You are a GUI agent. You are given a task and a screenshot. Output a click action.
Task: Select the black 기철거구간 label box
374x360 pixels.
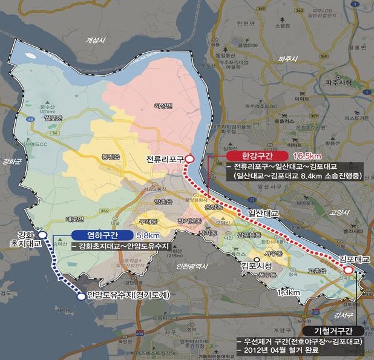click(335, 331)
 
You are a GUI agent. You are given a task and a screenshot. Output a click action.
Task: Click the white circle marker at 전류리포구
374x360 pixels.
click(189, 159)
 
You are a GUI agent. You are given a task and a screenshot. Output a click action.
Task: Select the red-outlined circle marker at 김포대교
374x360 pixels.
click(349, 268)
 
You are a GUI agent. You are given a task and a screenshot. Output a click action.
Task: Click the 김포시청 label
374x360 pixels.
click(255, 265)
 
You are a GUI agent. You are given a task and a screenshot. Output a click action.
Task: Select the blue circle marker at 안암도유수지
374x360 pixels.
click(80, 296)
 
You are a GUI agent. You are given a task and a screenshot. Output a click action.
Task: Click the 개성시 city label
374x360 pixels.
click(96, 40)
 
